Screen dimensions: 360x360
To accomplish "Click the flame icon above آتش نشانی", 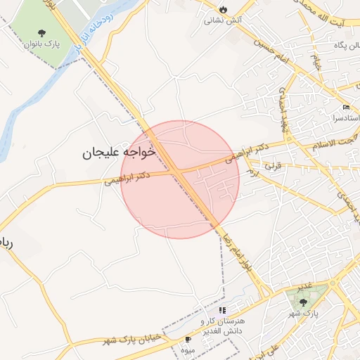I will click(x=223, y=9).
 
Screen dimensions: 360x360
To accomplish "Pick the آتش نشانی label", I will click(x=219, y=20).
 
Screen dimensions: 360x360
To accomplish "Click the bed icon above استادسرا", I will click(x=345, y=107).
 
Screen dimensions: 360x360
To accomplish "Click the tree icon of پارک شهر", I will click(x=303, y=302).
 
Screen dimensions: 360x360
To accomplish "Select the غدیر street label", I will click(x=304, y=286).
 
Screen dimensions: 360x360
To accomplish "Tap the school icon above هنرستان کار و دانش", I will click(x=222, y=310).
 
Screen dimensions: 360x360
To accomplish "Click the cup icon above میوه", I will click(x=188, y=340).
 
